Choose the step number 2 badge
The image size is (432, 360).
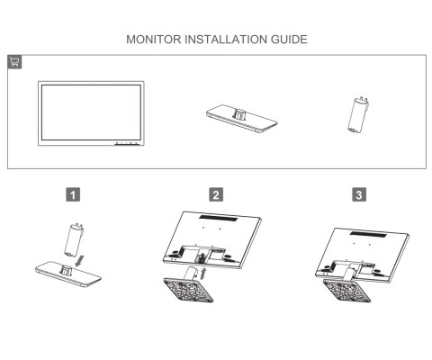pyautogui.click(x=216, y=193)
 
